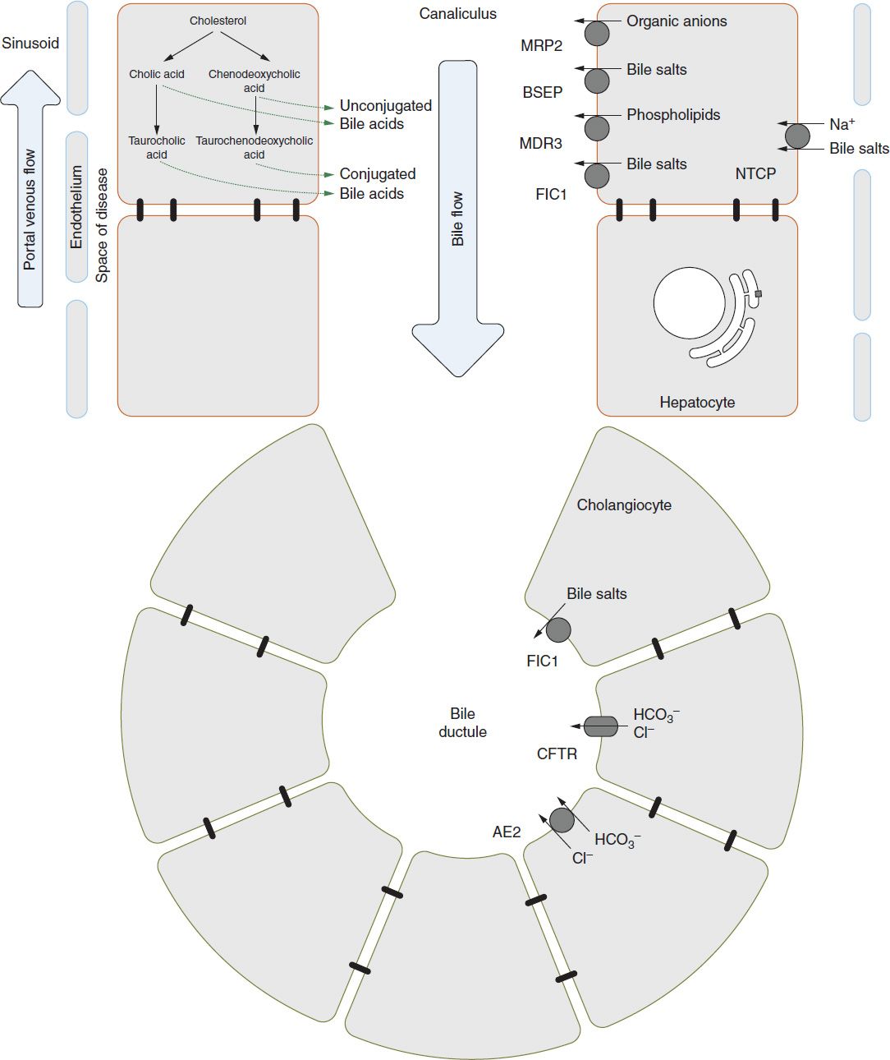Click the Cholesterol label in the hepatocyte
coord(218,21)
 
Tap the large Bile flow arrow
coord(457,219)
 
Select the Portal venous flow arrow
coord(30,188)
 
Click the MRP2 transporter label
coord(541,46)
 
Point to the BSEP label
coord(543,92)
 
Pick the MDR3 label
coord(540,144)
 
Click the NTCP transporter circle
coord(797,136)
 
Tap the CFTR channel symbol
coord(601,726)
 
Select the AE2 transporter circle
coord(562,820)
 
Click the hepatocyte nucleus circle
coord(690,303)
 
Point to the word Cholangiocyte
coord(624,505)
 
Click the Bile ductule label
coord(462,723)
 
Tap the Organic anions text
coord(677,21)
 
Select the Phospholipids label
coord(673,115)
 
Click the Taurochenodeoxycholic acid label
coord(255,147)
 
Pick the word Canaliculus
coord(457,14)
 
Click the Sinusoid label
coord(30,44)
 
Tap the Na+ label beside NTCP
coord(842,124)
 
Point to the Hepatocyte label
coord(697,403)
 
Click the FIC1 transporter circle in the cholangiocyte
coord(558,630)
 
